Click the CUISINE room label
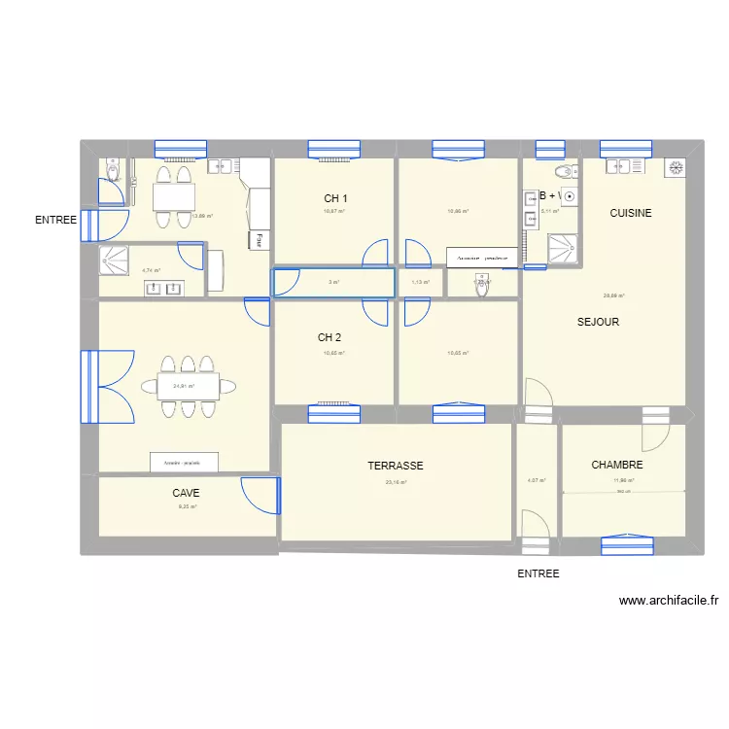[x=630, y=213]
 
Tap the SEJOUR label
[x=598, y=322]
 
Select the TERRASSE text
[x=396, y=467]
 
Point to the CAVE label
[x=187, y=494]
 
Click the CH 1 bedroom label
[x=335, y=198]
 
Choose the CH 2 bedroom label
[x=330, y=338]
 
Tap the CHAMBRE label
[x=617, y=466]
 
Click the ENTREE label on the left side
[x=55, y=221]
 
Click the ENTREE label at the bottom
[x=538, y=574]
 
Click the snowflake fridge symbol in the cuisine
[x=675, y=168]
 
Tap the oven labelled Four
[x=260, y=238]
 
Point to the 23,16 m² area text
[x=396, y=481]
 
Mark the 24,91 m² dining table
[x=189, y=386]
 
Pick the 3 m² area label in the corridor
[x=333, y=283]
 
